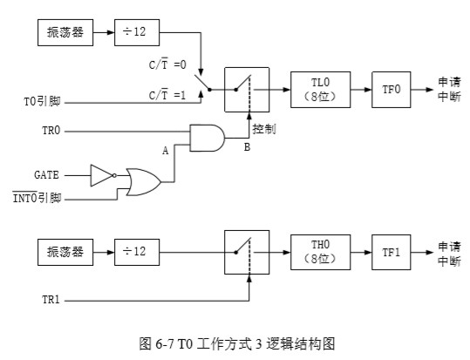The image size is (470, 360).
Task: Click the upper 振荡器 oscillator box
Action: pyautogui.click(x=65, y=33)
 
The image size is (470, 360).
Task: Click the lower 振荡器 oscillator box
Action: pyautogui.click(x=65, y=252)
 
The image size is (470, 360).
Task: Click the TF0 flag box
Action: pyautogui.click(x=390, y=89)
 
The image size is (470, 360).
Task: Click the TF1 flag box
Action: pyautogui.click(x=390, y=252)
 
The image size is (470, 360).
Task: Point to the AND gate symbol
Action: pyautogui.click(x=207, y=136)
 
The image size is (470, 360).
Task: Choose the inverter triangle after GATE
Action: pyautogui.click(x=102, y=175)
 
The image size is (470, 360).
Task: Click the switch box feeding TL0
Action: pyautogui.click(x=246, y=89)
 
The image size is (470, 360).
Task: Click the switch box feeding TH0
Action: pyautogui.click(x=246, y=252)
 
